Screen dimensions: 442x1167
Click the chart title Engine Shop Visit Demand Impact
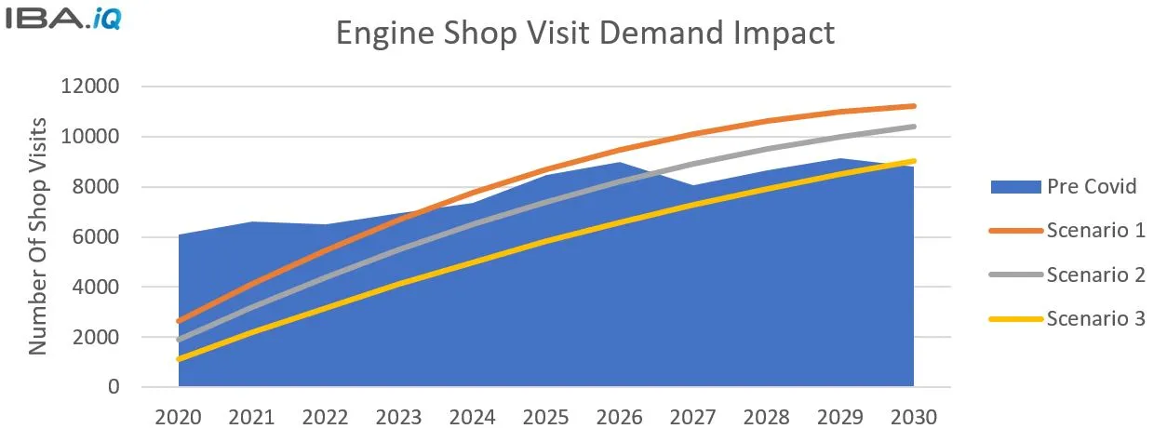(x=584, y=33)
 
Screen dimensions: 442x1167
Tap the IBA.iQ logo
(x=61, y=19)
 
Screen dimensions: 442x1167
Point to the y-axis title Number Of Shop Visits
(x=38, y=236)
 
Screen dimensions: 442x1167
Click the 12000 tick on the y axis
(x=90, y=87)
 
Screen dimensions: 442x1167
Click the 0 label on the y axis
(x=114, y=387)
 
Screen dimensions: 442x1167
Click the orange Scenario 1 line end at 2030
(x=913, y=106)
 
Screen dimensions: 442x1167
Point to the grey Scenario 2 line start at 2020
(x=179, y=340)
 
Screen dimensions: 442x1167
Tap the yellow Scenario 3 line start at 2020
(x=179, y=359)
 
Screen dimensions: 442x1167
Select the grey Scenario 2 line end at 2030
(x=913, y=127)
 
